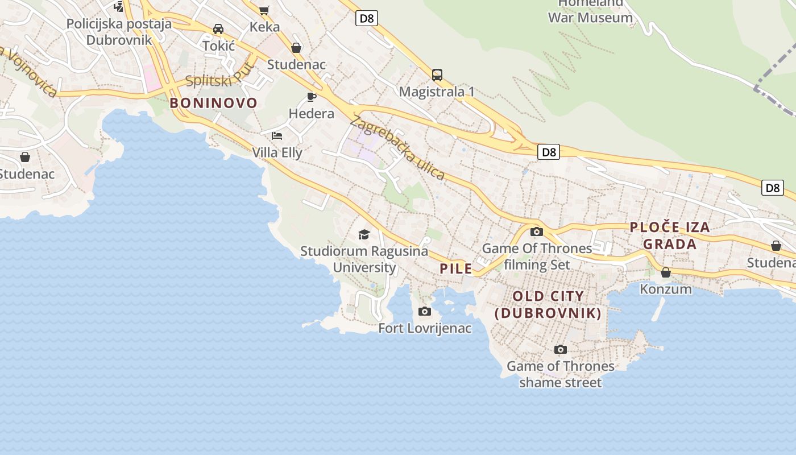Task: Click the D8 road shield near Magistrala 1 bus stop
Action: pos(367,18)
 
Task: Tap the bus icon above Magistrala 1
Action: pos(437,75)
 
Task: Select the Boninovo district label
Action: pos(213,103)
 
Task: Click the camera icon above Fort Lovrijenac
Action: pos(424,311)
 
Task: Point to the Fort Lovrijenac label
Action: pos(425,328)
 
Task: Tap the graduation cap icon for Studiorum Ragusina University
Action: pos(364,234)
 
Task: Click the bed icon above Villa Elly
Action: pos(277,135)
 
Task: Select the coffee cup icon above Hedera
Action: pos(311,97)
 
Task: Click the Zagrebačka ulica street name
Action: pos(397,147)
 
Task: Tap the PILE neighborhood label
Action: pos(456,268)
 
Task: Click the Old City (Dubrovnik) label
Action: pos(548,304)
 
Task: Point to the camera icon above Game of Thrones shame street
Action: pos(560,349)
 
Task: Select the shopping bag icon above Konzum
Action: pos(665,272)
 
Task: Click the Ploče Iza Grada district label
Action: pos(670,235)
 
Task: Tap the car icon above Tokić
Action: pos(218,29)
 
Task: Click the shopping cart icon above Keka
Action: pos(264,10)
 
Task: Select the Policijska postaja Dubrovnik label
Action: pos(119,32)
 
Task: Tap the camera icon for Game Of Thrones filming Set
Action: pos(536,231)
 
